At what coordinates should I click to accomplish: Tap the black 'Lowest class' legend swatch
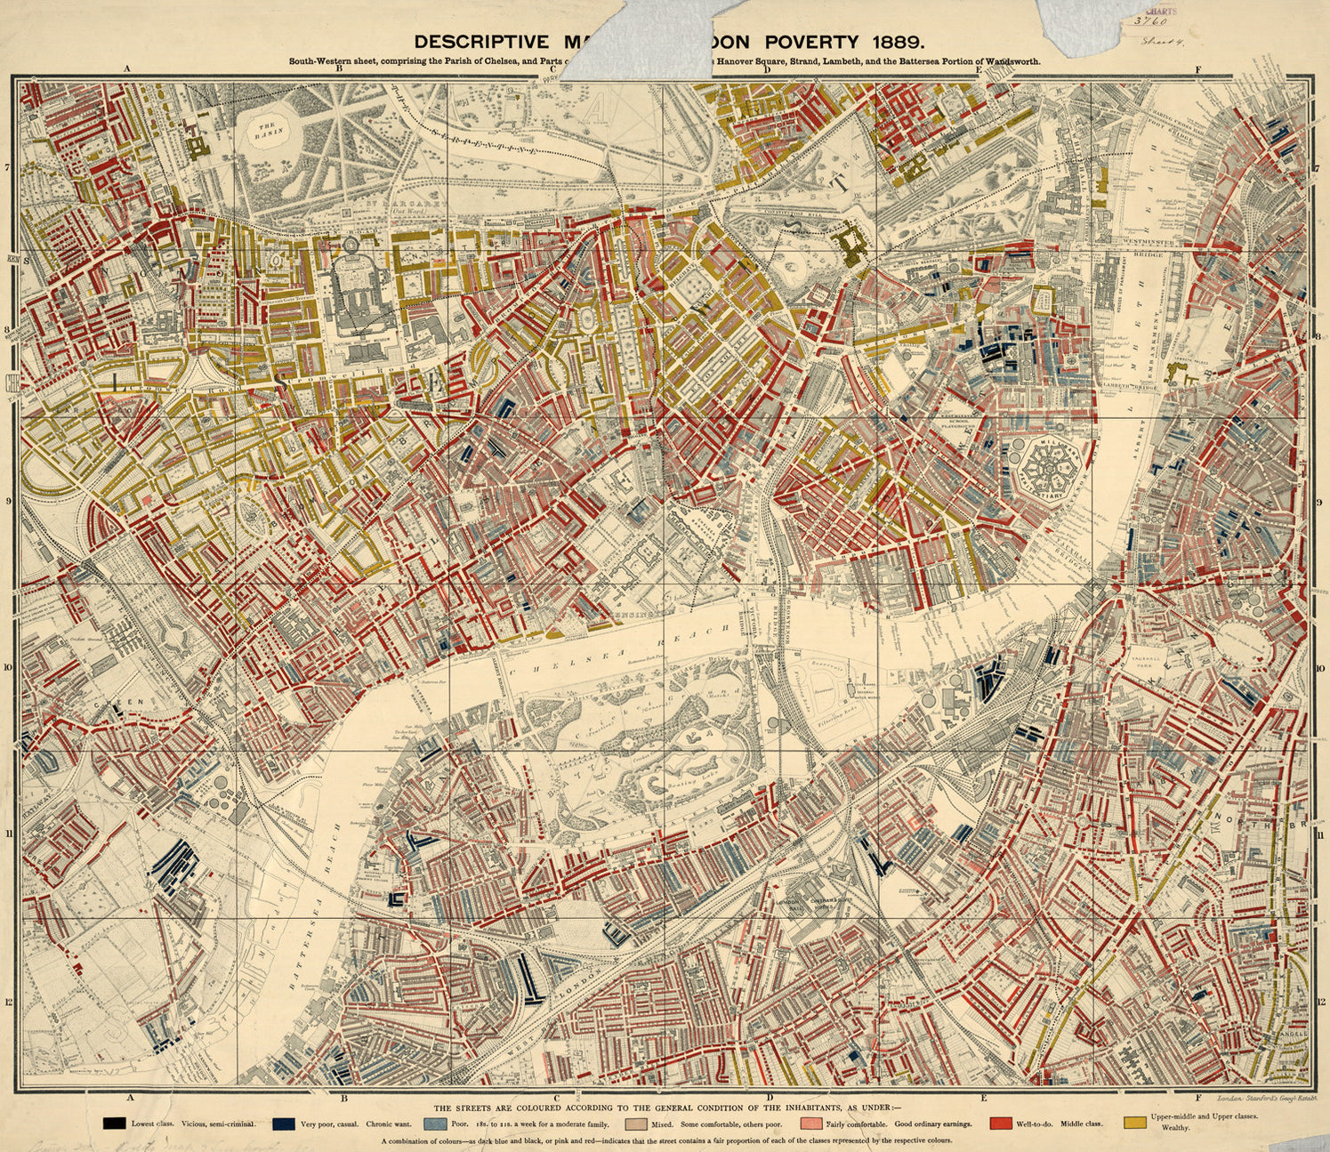click(113, 1123)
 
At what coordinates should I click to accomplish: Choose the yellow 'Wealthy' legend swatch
click(1133, 1122)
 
